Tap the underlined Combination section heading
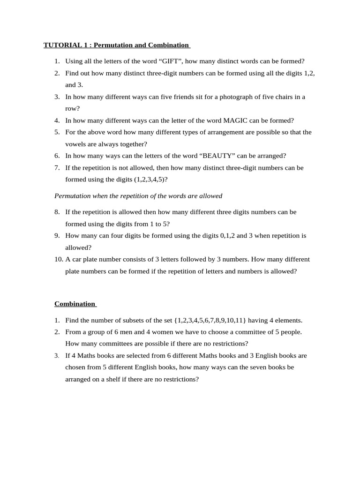pyautogui.click(x=75, y=304)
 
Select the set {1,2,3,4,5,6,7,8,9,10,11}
pyautogui.click(x=210, y=321)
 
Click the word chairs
pyautogui.click(x=282, y=97)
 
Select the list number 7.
pyautogui.click(x=57, y=168)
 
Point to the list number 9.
pyautogui.click(x=57, y=236)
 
